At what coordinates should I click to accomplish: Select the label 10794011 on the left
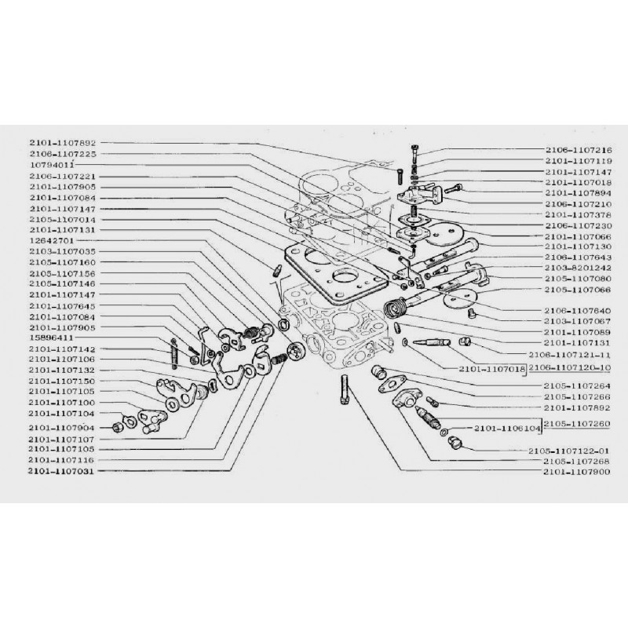pyautogui.click(x=52, y=166)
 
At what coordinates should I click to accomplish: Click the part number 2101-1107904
pyautogui.click(x=62, y=429)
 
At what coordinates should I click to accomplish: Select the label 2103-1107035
pyautogui.click(x=62, y=252)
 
